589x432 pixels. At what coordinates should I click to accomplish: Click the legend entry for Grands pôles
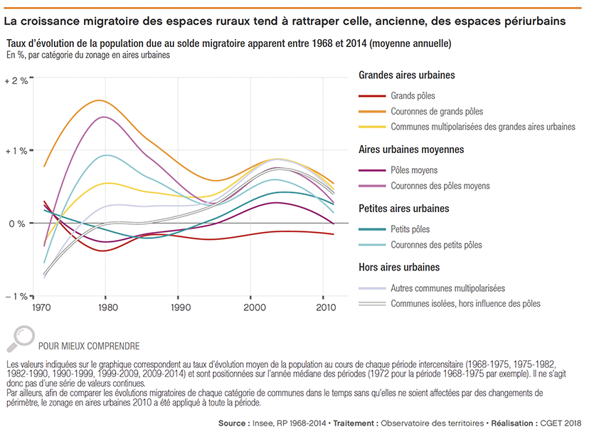[413, 96]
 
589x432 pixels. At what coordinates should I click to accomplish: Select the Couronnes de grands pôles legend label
[436, 112]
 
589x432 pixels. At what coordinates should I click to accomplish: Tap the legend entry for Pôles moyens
[414, 171]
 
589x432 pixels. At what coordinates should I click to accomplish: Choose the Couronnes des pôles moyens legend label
[440, 186]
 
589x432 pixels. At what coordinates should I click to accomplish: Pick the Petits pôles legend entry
[410, 230]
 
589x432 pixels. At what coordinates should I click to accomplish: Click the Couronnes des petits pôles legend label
[436, 246]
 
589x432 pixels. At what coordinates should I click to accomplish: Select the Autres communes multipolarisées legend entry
[447, 289]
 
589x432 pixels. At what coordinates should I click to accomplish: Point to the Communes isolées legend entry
[465, 304]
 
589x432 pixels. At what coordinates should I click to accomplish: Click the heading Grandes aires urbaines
[406, 75]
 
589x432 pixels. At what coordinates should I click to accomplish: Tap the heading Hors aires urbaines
[398, 268]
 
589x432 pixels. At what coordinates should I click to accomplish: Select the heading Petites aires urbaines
[403, 209]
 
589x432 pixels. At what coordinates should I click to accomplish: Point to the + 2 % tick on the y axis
[16, 81]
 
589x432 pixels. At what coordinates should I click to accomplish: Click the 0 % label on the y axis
[18, 223]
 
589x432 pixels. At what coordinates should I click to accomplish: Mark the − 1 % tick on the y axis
[16, 296]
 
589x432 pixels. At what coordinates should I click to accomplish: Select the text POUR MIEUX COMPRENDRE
[89, 347]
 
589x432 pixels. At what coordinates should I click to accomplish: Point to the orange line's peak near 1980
[100, 100]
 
